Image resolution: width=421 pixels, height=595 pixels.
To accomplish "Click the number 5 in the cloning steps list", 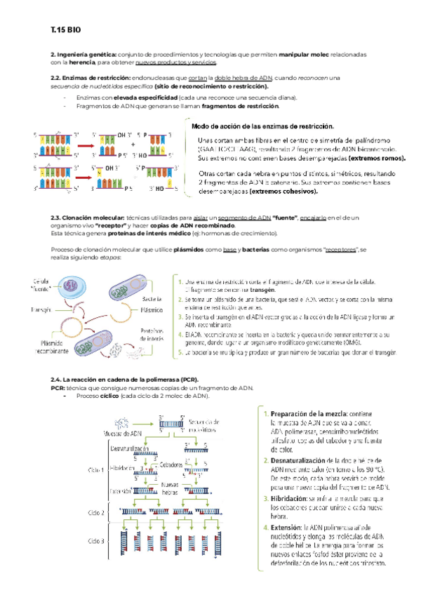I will click(x=180, y=353).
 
